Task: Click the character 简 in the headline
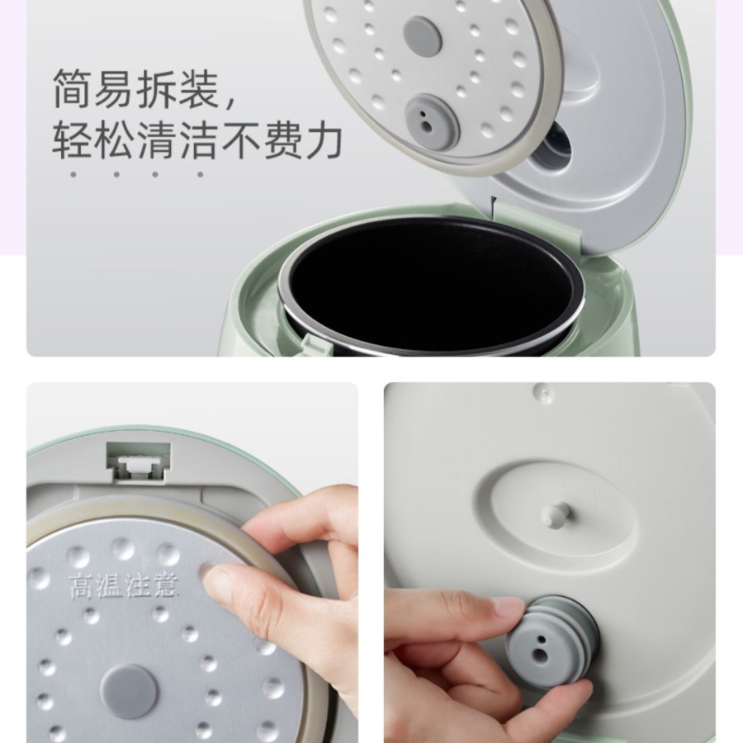point(72,89)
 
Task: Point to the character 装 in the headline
point(198,89)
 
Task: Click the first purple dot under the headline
point(73,174)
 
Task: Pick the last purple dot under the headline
point(200,174)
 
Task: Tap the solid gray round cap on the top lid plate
point(423,35)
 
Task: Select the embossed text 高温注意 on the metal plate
point(124,587)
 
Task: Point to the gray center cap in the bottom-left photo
point(129,690)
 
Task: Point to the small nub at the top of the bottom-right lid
point(542,391)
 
